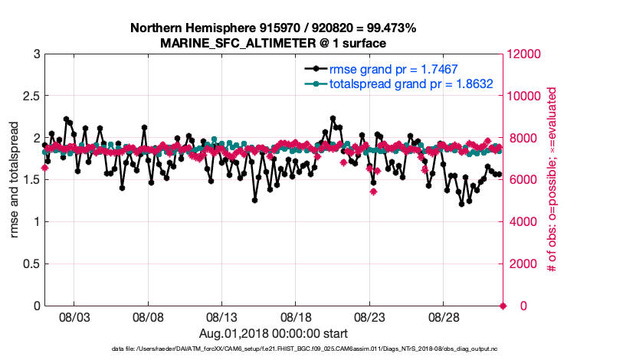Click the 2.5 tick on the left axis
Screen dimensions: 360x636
pyautogui.click(x=31, y=97)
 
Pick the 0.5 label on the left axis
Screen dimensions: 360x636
pyautogui.click(x=31, y=264)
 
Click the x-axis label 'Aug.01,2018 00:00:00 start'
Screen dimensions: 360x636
pyautogui.click(x=273, y=333)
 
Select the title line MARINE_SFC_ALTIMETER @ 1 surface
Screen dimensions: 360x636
pyautogui.click(x=273, y=43)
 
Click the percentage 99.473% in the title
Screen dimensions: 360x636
pyautogui.click(x=389, y=28)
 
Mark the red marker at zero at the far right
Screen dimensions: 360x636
pyautogui.click(x=503, y=306)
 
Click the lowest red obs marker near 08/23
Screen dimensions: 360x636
pyautogui.click(x=373, y=191)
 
